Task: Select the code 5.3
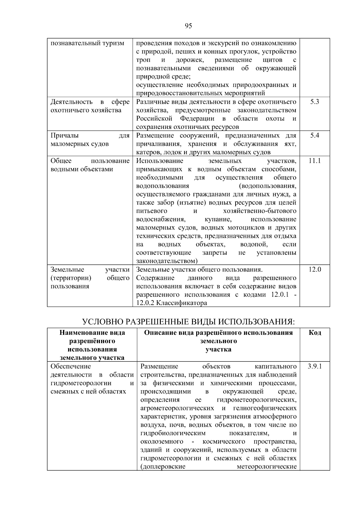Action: coord(314,102)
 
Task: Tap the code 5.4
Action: coord(314,135)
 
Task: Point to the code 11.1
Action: coord(314,161)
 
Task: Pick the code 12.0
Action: coord(315,269)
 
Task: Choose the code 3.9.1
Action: coord(315,366)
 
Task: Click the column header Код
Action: coord(315,333)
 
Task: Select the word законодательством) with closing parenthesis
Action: coord(167,261)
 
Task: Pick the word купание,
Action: coord(218,219)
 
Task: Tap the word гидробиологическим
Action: coord(173,433)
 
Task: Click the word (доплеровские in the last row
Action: coord(163,467)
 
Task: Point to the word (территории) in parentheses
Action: coord(71,278)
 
